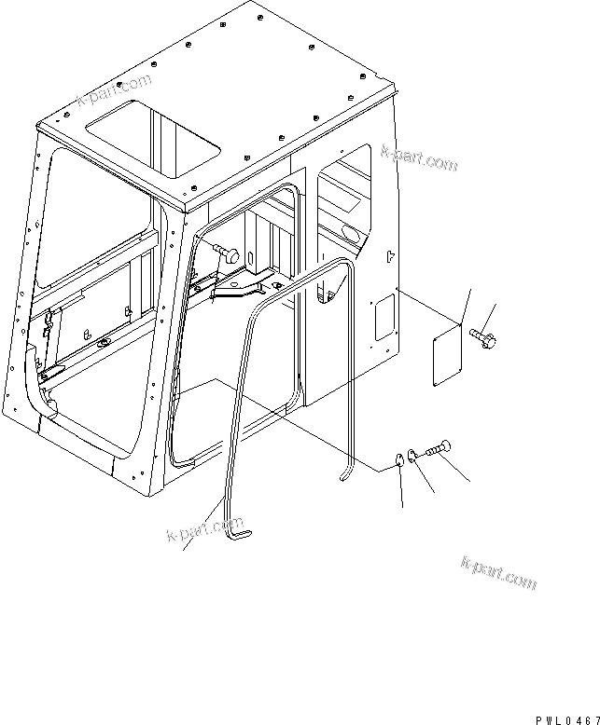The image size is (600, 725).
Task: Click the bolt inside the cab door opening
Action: [x=226, y=252]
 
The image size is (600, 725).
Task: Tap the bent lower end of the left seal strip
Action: [x=239, y=532]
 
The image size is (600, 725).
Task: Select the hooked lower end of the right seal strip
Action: [x=346, y=474]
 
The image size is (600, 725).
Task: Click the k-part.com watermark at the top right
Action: [x=420, y=158]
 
